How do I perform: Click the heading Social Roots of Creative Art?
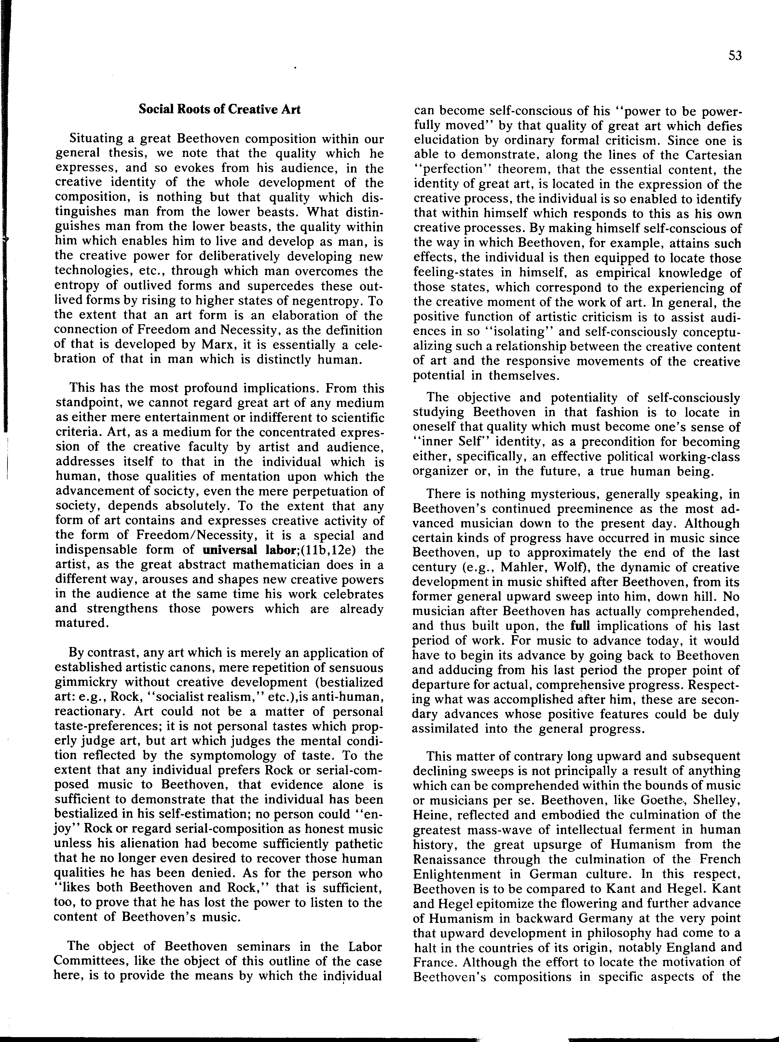(x=219, y=109)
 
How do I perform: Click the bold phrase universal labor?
(x=242, y=550)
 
